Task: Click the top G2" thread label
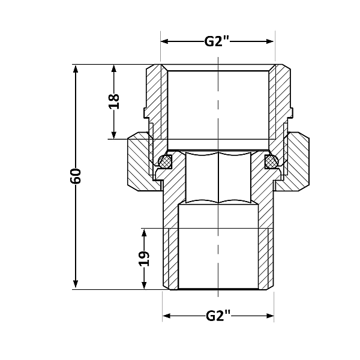pos(217,41)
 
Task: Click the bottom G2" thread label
pos(218,316)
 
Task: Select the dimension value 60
pos(76,176)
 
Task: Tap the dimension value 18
pos(114,101)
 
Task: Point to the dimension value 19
pos(144,259)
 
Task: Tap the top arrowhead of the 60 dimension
pos(76,68)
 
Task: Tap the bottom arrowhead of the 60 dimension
pos(76,285)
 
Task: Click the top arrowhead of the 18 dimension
pos(114,68)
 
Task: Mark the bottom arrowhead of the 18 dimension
pos(114,135)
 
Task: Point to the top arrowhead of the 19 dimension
pos(144,233)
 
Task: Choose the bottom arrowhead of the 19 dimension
pos(144,285)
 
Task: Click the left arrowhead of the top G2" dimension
pos(165,41)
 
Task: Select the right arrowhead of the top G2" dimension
pos(269,41)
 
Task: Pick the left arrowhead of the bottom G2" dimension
pos(167,316)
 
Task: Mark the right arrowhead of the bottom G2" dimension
pos(270,316)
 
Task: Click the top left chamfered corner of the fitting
pos(151,67)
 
